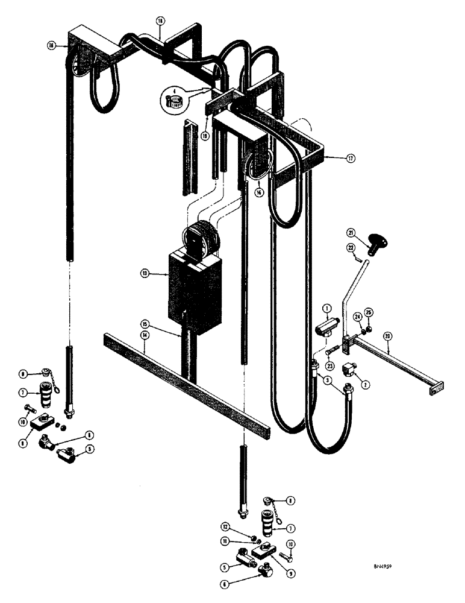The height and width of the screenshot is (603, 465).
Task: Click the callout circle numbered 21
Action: (350, 233)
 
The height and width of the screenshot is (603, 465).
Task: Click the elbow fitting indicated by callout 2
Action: (349, 370)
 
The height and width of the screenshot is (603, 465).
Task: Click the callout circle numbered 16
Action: (259, 192)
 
